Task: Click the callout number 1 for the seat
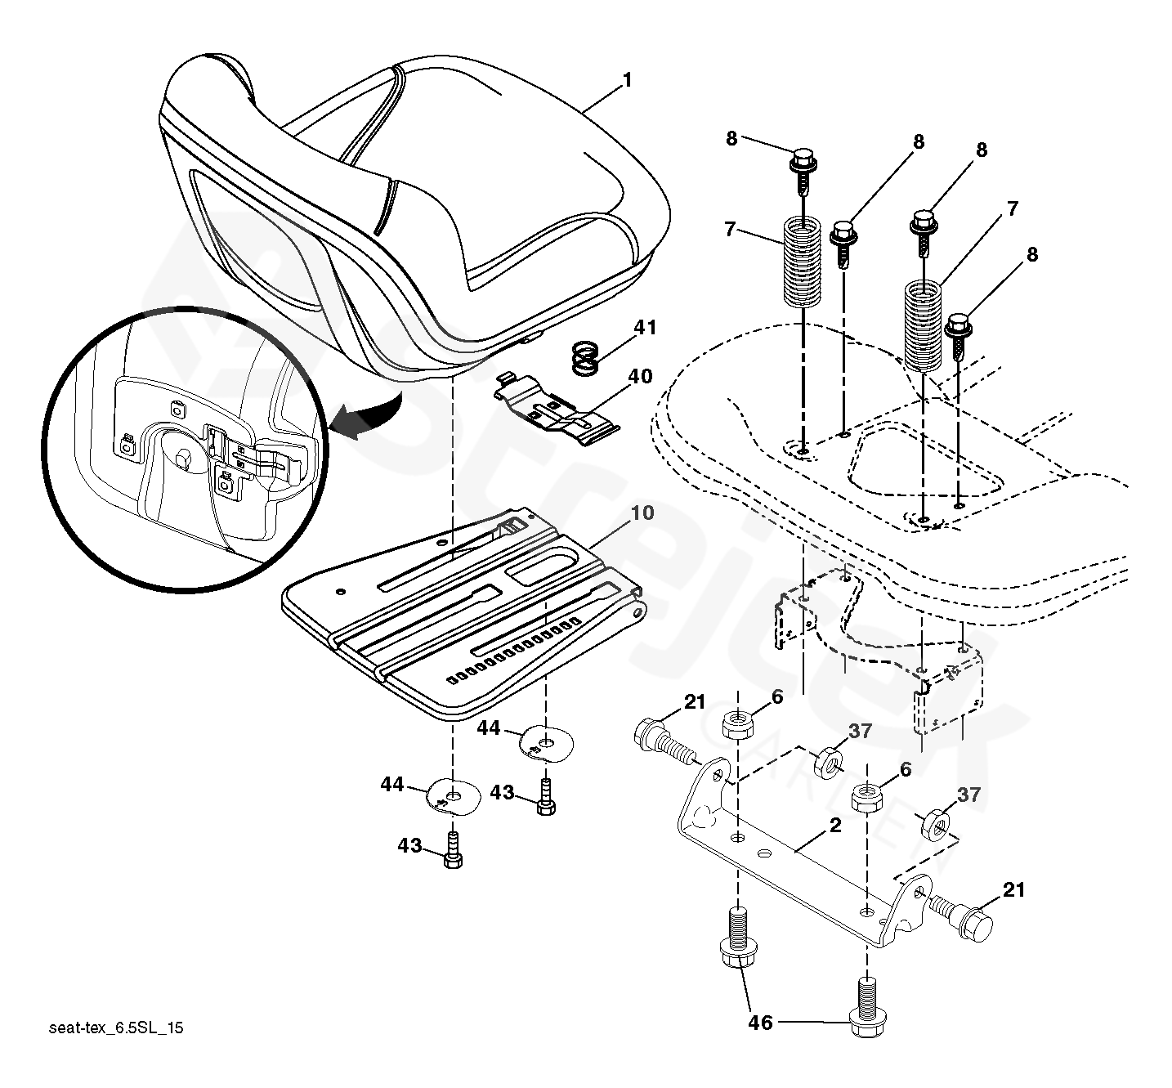coord(627,81)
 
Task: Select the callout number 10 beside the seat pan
coord(642,513)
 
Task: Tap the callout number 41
coord(645,329)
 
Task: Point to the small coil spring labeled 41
coord(584,357)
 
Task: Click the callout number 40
coord(640,377)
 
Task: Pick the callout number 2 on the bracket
coord(834,826)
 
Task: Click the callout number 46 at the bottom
coord(760,1023)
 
